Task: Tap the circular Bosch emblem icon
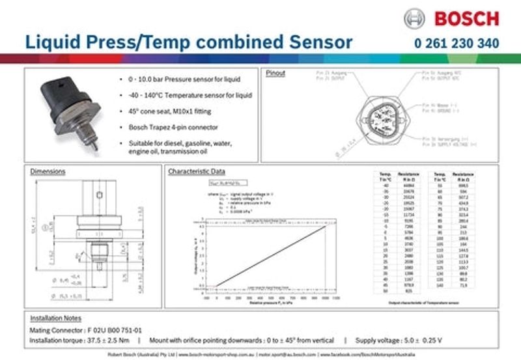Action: pos(415,18)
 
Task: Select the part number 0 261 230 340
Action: pos(456,44)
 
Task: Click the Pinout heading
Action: pos(275,74)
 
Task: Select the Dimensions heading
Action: pos(48,172)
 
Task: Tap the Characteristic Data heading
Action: pos(197,172)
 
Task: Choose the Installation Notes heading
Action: pos(55,319)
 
